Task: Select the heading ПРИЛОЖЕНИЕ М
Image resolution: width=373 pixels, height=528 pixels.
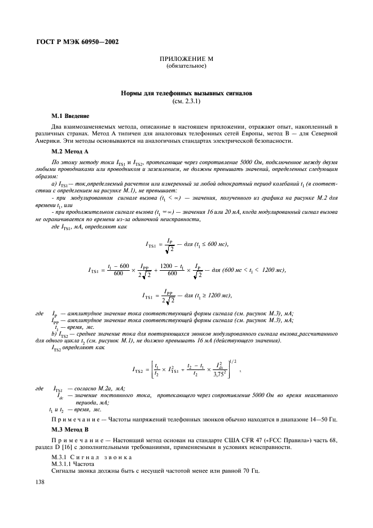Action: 186,59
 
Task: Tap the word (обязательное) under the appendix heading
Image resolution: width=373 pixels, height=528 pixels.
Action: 186,66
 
